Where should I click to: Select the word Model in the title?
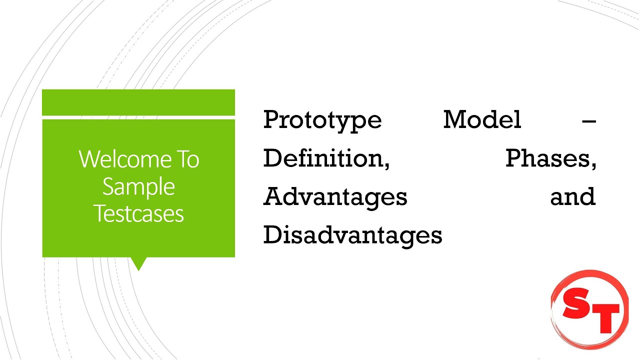pyautogui.click(x=482, y=120)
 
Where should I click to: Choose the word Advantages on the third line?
pyautogui.click(x=335, y=197)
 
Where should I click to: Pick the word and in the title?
pyautogui.click(x=573, y=196)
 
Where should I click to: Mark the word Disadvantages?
pyautogui.click(x=352, y=235)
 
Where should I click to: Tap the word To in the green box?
pyautogui.click(x=186, y=159)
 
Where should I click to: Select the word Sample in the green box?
pyautogui.click(x=138, y=186)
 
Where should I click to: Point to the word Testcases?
pyautogui.click(x=138, y=213)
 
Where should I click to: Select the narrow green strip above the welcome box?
pyautogui.click(x=138, y=102)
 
